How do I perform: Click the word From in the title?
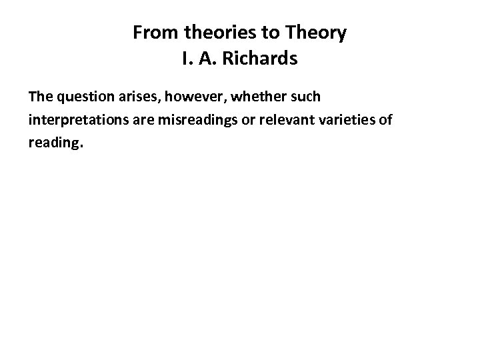153,33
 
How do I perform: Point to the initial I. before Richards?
185,59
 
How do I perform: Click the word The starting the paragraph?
40,97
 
